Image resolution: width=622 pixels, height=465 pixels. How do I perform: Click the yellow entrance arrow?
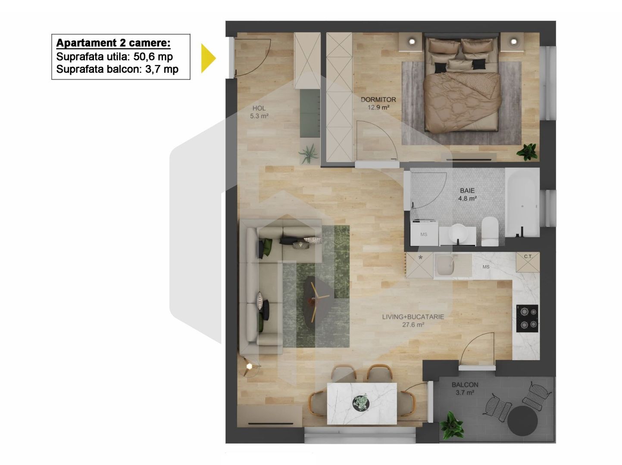(208, 58)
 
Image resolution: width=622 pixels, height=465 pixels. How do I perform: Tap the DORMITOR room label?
(378, 99)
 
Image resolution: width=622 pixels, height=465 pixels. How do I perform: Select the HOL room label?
(259, 108)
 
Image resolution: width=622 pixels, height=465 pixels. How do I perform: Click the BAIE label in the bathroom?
(467, 190)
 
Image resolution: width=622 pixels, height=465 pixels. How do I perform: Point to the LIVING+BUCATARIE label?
(413, 317)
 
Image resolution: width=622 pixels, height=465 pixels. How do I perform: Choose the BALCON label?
(465, 384)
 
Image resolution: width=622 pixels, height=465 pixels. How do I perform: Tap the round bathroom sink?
(457, 233)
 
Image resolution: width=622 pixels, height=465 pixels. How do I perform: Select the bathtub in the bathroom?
(522, 202)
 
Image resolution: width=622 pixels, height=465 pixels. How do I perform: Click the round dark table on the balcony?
(522, 420)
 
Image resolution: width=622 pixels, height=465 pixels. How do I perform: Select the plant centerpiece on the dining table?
(361, 402)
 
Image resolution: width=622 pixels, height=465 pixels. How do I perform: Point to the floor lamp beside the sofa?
(250, 366)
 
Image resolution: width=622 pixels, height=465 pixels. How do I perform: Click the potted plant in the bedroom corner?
(527, 151)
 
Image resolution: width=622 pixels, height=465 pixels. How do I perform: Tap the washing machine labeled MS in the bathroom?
(424, 234)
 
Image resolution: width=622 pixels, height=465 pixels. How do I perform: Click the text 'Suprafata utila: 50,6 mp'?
(114, 56)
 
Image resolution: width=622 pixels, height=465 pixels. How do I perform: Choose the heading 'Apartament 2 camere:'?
(113, 43)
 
